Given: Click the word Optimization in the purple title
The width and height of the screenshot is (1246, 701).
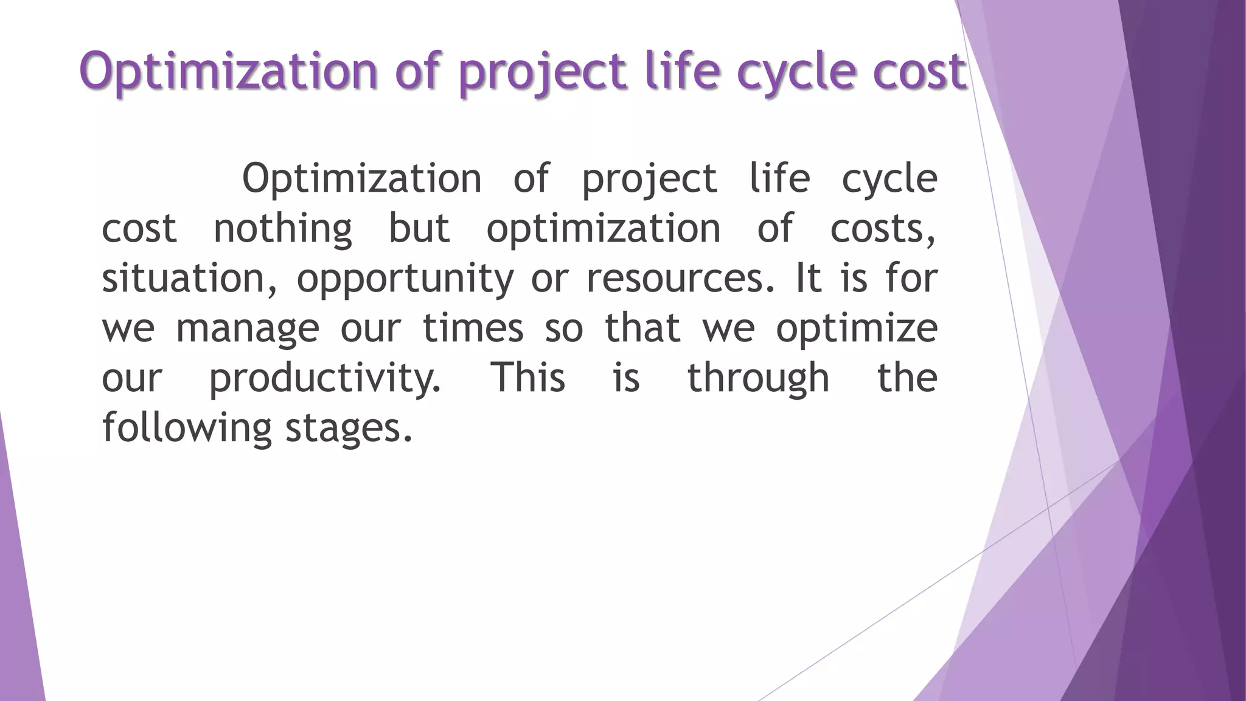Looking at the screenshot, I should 229,72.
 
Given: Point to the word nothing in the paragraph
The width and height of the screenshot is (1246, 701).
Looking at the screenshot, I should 283,229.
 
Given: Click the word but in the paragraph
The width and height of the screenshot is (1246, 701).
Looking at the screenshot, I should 419,229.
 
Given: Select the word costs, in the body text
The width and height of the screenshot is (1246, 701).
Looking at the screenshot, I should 883,229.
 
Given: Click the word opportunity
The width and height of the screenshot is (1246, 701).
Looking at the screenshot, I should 405,279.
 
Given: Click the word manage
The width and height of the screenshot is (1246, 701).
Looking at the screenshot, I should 247,329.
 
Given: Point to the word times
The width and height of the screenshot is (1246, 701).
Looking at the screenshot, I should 473,329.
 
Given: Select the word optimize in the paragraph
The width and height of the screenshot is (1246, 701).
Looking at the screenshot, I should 857,329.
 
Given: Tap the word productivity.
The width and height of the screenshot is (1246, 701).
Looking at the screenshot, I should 325,378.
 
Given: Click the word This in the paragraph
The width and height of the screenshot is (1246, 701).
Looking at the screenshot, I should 528,378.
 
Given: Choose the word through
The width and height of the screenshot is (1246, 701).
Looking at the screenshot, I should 759,378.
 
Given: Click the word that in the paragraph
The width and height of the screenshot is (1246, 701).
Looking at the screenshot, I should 642,329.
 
